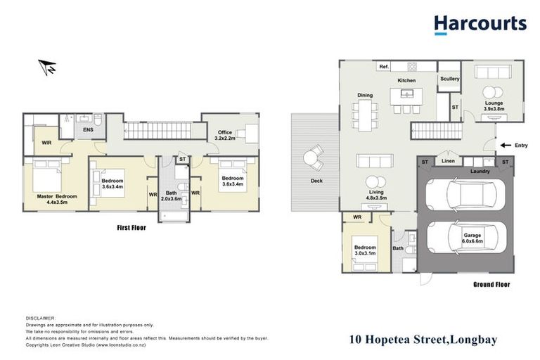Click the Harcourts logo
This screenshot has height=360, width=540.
[480, 25]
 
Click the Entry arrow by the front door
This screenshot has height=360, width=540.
[505, 146]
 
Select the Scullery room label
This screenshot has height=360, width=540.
[449, 79]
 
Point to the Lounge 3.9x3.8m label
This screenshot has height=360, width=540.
[498, 105]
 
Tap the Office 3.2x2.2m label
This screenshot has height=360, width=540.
[224, 135]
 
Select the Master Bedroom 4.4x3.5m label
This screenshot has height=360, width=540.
[57, 199]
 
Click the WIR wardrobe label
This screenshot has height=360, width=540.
[46, 143]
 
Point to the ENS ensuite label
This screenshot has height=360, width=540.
[88, 129]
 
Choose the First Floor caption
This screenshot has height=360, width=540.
[131, 228]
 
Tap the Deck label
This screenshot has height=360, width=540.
[316, 180]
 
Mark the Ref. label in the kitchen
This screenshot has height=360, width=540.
[384, 67]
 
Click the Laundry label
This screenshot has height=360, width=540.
[480, 171]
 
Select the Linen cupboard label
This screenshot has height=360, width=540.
[448, 162]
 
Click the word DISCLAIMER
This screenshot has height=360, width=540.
[40, 318]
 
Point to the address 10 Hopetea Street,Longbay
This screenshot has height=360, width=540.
[423, 340]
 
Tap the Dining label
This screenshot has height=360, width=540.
[365, 95]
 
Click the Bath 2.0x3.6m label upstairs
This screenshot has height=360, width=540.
[172, 196]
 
